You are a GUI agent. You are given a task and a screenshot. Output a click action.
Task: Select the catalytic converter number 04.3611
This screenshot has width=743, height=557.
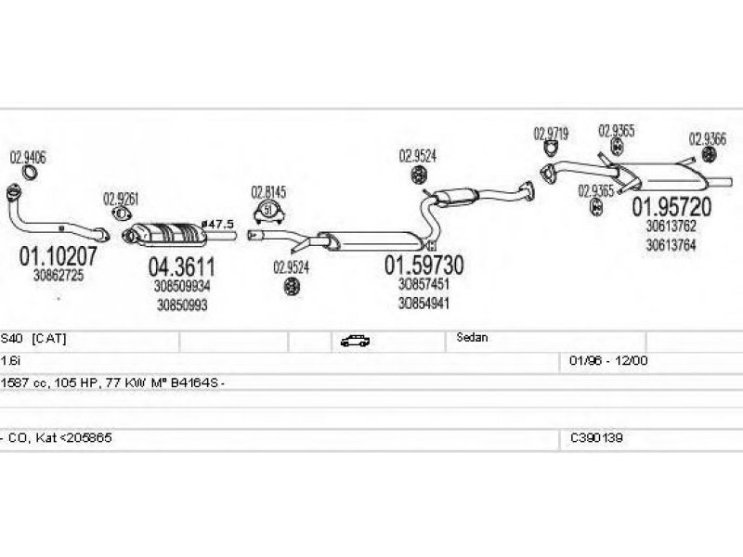pyautogui.click(x=182, y=266)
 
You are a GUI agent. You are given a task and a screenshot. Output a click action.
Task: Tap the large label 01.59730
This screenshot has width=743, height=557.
pyautogui.click(x=424, y=265)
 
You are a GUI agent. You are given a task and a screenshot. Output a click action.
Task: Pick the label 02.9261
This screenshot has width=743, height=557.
pyautogui.click(x=121, y=197)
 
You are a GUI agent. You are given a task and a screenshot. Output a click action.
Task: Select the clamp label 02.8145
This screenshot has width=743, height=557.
pyautogui.click(x=268, y=192)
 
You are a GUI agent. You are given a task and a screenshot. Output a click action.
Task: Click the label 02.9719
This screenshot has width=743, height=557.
pyautogui.click(x=551, y=133)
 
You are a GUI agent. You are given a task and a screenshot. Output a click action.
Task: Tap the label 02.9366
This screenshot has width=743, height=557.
pyautogui.click(x=708, y=138)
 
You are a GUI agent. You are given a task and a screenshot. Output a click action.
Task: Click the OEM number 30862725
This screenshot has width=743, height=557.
pyautogui.click(x=59, y=275)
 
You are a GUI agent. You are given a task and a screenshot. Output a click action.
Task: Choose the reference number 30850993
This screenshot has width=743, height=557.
pyautogui.click(x=182, y=304)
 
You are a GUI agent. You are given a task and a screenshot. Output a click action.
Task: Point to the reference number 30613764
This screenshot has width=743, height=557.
pyautogui.click(x=671, y=244)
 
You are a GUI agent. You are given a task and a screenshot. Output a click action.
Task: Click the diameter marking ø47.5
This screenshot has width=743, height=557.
pyautogui.click(x=218, y=225)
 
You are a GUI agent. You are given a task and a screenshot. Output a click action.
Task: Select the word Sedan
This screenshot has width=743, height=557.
pyautogui.click(x=472, y=338)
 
